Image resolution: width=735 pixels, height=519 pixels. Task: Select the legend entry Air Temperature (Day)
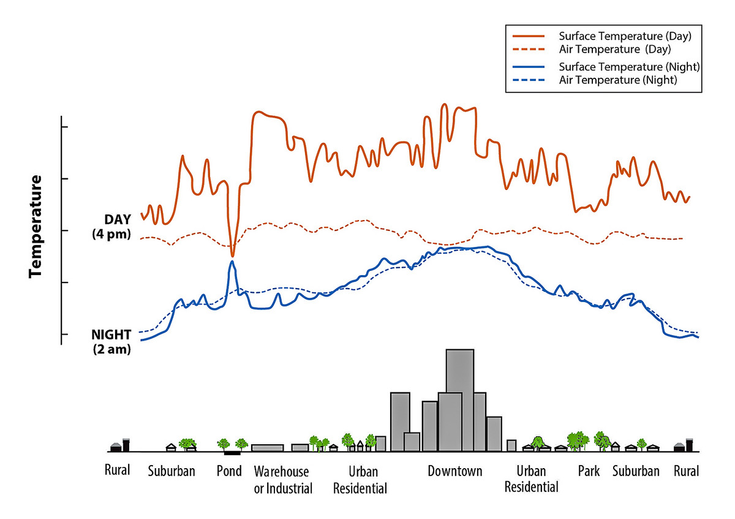tap(615, 48)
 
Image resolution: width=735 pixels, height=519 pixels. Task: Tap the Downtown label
tap(454, 471)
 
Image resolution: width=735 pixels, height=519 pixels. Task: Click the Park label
tap(589, 471)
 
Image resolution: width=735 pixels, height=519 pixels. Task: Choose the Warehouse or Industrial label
tap(282, 480)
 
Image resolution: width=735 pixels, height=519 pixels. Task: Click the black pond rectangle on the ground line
tap(232, 453)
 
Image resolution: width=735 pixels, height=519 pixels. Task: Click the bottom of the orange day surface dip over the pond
tap(232, 256)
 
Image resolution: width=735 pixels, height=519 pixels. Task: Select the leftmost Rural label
tap(116, 471)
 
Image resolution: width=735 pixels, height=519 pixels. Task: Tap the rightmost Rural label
tap(686, 471)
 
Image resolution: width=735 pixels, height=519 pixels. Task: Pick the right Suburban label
tap(636, 471)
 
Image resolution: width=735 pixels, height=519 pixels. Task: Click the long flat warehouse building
tap(267, 448)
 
